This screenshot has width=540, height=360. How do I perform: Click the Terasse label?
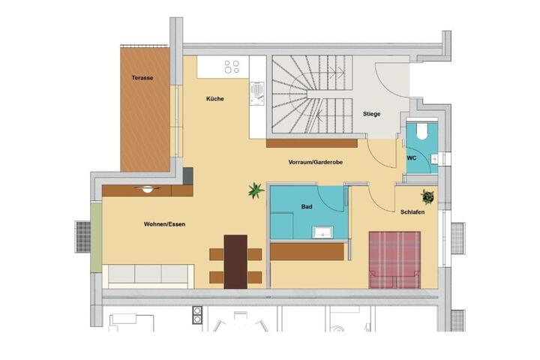click(x=142, y=78)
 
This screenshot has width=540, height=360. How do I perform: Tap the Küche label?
click(x=215, y=99)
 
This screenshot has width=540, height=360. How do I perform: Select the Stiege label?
click(x=371, y=114)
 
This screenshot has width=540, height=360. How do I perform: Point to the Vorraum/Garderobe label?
click(x=316, y=162)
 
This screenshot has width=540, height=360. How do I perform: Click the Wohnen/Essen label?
click(x=164, y=224)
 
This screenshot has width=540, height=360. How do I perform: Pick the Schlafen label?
click(x=412, y=212)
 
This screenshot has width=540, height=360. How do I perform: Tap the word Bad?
click(x=307, y=207)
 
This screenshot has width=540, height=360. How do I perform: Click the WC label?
click(x=412, y=158)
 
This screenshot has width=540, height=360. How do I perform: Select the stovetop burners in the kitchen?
click(x=232, y=67)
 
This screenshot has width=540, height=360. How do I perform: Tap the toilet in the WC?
click(x=421, y=130)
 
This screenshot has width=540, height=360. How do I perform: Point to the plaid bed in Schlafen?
click(x=394, y=260)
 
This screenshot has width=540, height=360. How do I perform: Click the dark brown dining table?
click(x=235, y=262)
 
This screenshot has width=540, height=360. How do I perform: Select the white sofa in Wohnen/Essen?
click(x=148, y=276)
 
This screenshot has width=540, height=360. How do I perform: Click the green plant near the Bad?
click(x=256, y=190)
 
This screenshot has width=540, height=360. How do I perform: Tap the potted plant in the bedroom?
click(x=427, y=196)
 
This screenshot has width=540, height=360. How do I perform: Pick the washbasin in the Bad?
click(x=322, y=232)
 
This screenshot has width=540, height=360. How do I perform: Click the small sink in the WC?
click(x=434, y=159)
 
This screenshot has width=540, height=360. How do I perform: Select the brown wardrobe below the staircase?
click(x=312, y=143)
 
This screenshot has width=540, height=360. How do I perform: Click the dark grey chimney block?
click(x=187, y=176)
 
